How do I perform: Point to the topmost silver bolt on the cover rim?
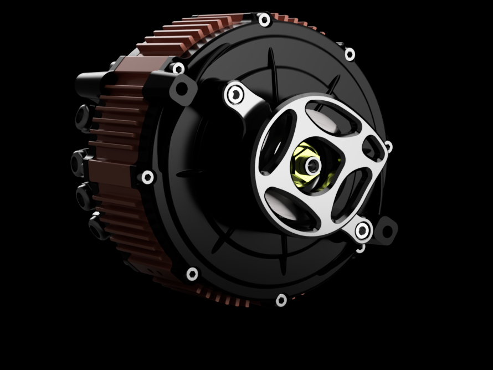pos(264,20)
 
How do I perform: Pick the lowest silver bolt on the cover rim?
pos(281,300)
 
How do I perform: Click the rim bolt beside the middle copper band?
pos(147,177)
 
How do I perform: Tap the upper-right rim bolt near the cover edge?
pos(350,54)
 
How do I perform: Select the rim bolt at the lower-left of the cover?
pos(192,273)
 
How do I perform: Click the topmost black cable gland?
pos(84,116)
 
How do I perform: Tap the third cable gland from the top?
pos(84,195)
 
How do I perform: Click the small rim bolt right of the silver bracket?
pos(388,147)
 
